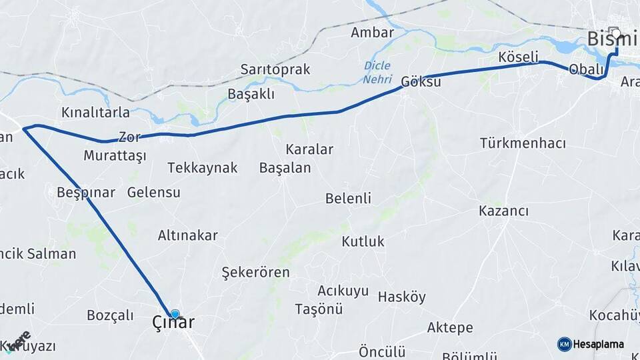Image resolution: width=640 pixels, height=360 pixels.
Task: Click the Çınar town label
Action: point(173,323)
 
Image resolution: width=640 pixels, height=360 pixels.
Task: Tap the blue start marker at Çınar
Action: point(175,313)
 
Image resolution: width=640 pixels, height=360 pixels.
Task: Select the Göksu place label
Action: point(421,83)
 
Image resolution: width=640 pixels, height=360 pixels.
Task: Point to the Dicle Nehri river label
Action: point(377,73)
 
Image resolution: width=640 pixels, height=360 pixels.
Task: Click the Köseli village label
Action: point(518,58)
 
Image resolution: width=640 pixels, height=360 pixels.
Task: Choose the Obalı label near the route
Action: point(586,70)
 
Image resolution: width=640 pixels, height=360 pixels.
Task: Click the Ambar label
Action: point(372,33)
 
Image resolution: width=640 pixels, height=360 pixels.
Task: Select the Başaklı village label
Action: point(251,94)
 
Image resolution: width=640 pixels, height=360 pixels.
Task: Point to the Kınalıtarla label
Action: point(95,111)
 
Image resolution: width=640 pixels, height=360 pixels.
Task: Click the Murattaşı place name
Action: point(115,156)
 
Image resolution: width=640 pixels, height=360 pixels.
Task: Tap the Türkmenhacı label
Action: point(523,143)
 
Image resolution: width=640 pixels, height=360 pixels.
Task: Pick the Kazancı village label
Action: point(503,211)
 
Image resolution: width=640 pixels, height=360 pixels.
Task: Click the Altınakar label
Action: point(188,235)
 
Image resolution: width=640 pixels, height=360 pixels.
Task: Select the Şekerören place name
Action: point(255,273)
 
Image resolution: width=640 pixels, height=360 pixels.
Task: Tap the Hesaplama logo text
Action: point(599,344)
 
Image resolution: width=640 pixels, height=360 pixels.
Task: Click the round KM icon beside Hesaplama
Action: point(564,344)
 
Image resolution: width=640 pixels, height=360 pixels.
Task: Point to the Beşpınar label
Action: point(86,193)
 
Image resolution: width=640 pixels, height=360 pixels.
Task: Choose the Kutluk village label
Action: point(363,241)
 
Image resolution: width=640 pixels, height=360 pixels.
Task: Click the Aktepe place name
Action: point(450,328)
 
